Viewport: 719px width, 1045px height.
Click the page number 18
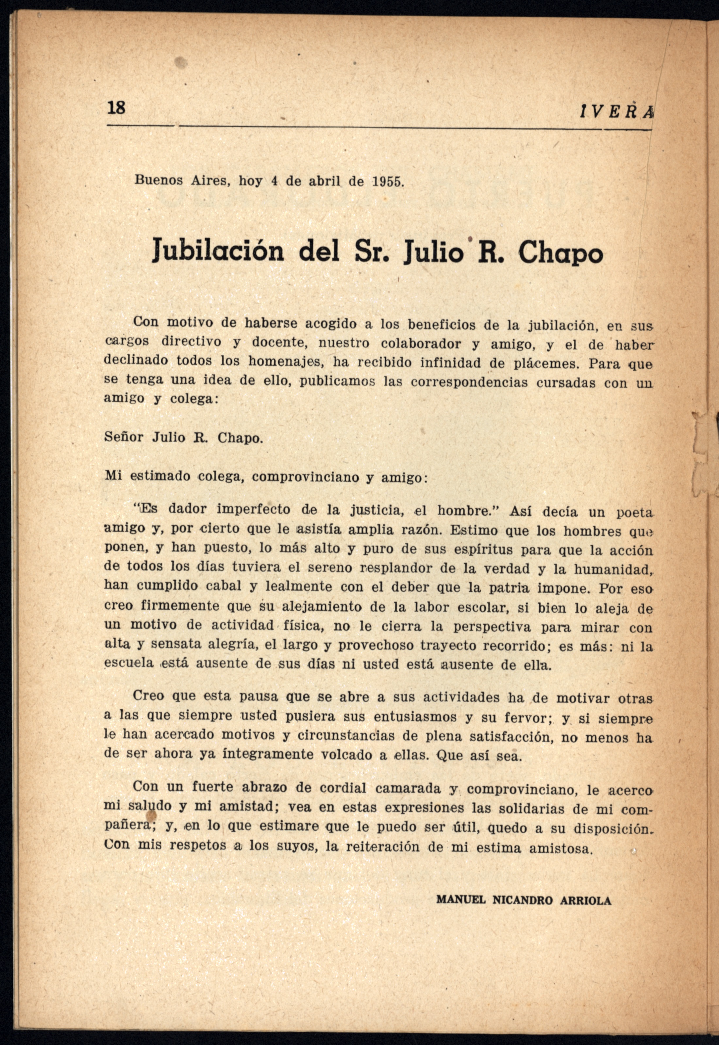click(x=116, y=108)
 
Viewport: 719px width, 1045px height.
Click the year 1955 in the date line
click(x=387, y=182)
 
